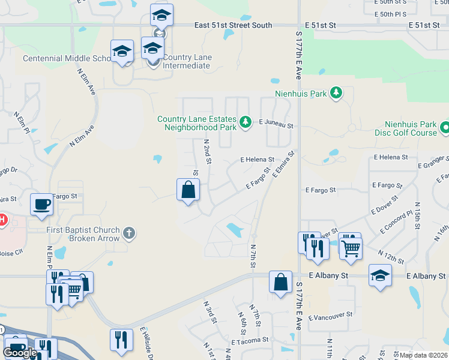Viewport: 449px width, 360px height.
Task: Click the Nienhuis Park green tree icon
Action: coord(337,93)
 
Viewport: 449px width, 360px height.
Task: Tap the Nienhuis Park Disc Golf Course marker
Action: coord(445,128)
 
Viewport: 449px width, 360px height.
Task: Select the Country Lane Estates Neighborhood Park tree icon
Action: coord(245,122)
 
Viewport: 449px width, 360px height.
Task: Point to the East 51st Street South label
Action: coord(234,25)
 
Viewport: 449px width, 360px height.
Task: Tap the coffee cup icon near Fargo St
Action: coord(41,205)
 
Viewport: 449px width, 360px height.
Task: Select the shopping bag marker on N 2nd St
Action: coord(188,190)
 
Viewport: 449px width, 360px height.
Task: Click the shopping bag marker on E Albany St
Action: coord(281,281)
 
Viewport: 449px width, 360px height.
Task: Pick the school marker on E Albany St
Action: coord(380,275)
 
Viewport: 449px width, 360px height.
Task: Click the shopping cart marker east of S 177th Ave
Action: coord(351,247)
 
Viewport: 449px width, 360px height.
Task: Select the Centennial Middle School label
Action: coord(67,58)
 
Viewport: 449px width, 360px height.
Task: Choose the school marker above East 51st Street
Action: coord(161,16)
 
